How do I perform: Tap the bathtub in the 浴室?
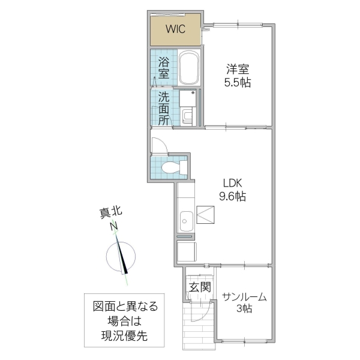[190, 68]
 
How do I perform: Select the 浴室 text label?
[163, 67]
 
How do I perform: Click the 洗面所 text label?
[163, 107]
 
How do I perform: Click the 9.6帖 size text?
[233, 196]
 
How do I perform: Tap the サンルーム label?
[244, 297]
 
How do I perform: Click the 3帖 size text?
[244, 310]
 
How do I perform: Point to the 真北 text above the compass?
[110, 212]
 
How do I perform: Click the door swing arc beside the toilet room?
[160, 146]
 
